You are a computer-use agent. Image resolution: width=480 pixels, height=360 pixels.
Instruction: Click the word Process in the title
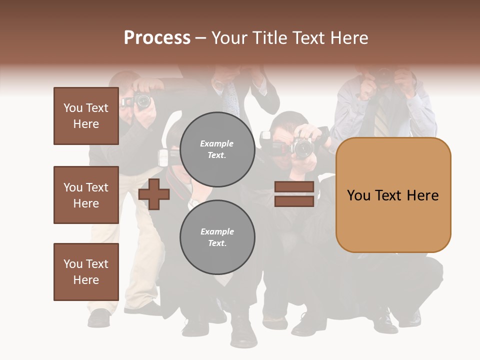157,38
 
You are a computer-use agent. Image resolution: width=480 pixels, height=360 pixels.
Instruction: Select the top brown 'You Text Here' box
86,116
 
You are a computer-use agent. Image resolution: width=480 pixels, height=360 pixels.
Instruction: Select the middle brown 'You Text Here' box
86,195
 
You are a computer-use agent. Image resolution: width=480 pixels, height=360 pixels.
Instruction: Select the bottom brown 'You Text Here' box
86,272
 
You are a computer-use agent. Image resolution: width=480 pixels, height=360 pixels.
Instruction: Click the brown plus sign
154,194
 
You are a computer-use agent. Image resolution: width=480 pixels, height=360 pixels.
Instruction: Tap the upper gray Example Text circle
217,149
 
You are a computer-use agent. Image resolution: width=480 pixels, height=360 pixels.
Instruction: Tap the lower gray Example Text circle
217,237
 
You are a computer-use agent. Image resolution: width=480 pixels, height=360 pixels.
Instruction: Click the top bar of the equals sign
294,187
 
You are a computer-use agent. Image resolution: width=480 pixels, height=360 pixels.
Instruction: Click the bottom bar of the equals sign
294,201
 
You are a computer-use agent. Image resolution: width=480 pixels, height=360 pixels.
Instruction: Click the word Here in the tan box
422,195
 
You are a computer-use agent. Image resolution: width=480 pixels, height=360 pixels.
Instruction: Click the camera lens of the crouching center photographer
302,148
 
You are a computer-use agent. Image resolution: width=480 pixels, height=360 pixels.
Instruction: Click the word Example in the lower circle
217,231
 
